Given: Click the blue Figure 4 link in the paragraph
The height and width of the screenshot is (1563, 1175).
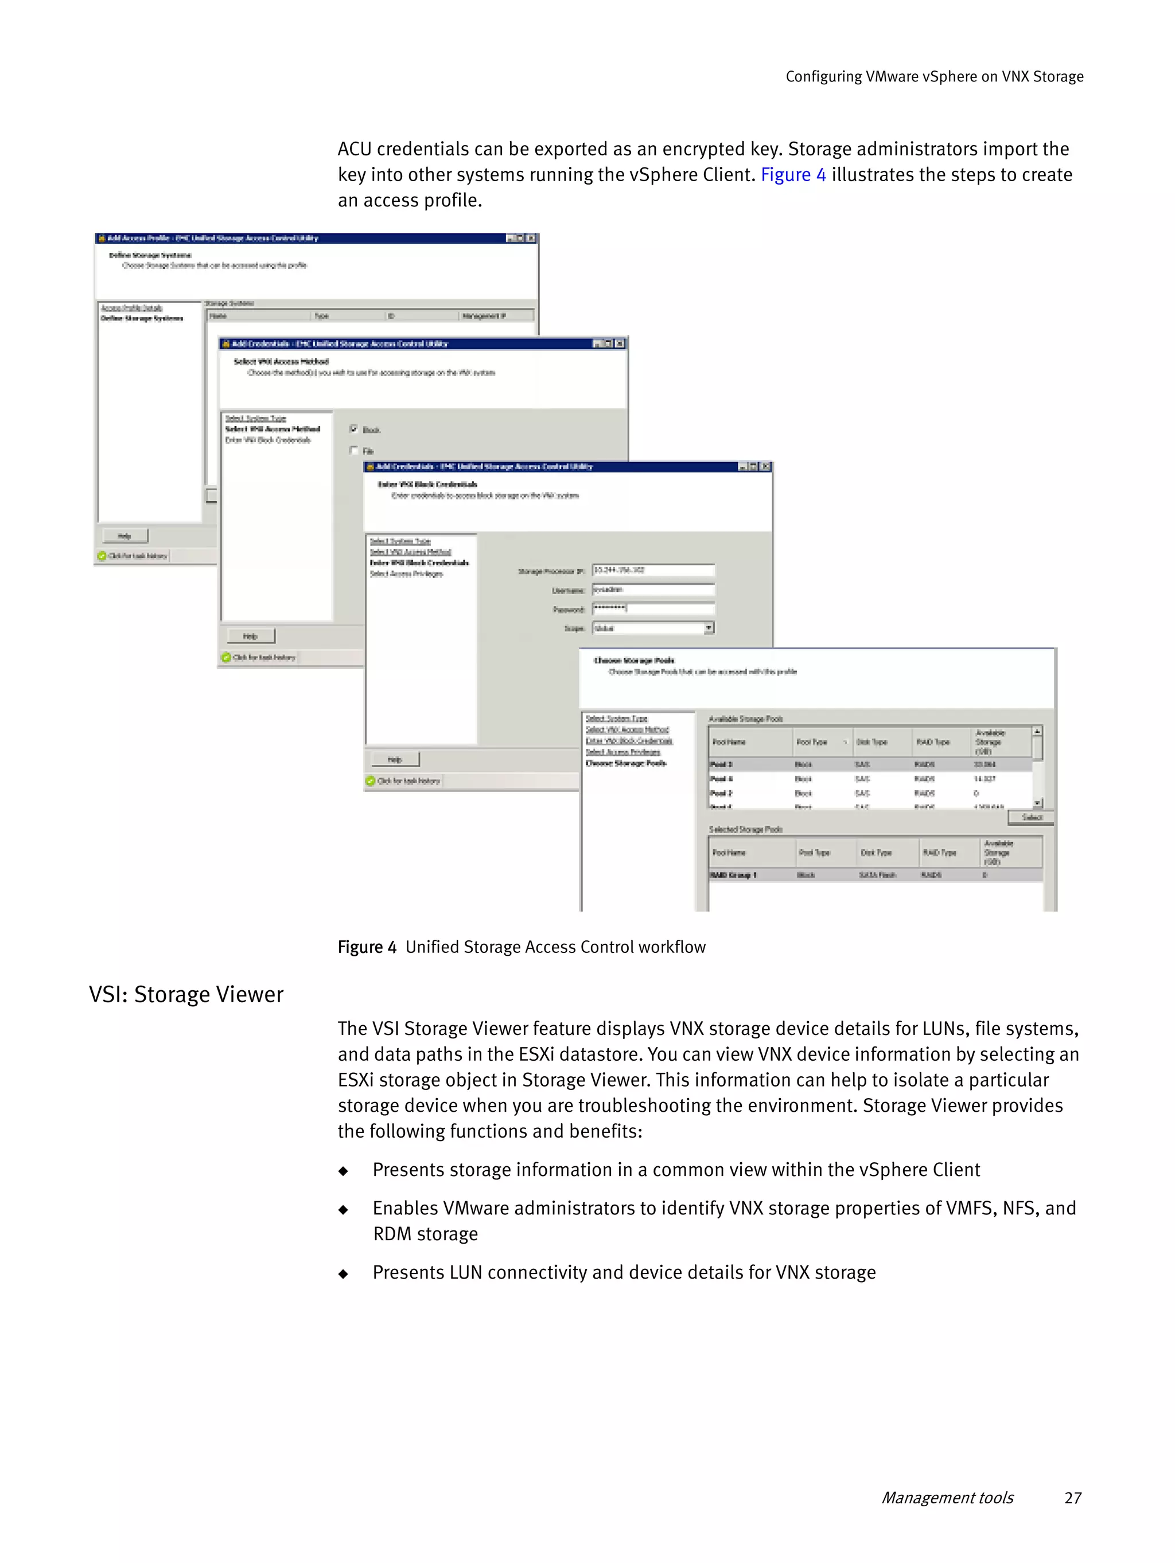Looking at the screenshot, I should coord(792,174).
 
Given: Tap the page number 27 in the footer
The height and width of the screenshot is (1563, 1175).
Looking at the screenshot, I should coord(1072,1497).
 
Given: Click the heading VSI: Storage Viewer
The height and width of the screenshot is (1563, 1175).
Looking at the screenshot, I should coord(186,994).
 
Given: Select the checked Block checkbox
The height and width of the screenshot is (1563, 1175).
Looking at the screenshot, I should coord(354,428).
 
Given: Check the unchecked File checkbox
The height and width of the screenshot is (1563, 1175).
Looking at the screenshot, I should coord(354,450).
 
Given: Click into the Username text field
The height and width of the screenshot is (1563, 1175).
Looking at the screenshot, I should coord(652,589).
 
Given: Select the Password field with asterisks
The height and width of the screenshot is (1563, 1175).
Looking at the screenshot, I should coord(652,608).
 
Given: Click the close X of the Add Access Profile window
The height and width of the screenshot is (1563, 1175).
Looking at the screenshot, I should coord(531,238).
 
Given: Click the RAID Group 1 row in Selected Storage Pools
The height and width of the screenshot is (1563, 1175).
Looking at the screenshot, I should coord(874,875).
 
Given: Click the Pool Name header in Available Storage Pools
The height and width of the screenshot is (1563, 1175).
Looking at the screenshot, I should coord(729,742).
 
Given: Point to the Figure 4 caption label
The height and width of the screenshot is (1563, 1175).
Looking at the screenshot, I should coord(367,947).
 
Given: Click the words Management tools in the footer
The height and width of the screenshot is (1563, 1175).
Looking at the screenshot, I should coord(947,1497).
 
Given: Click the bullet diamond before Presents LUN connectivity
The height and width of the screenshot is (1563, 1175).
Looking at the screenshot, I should coord(344,1273).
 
